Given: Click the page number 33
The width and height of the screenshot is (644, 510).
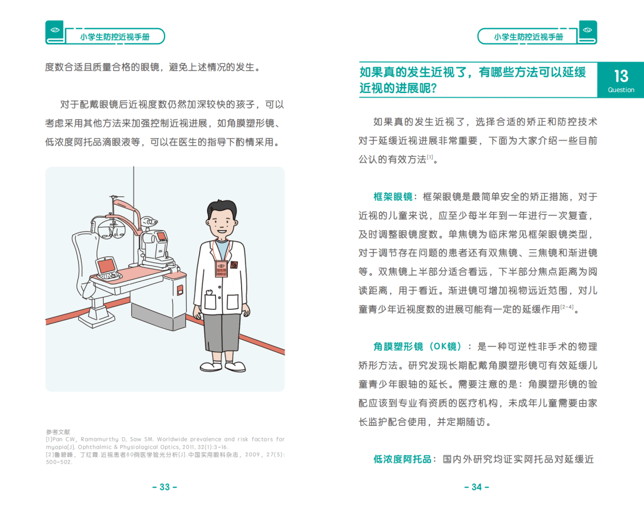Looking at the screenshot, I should point(165,487).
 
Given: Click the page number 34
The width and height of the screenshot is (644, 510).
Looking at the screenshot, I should point(476,487).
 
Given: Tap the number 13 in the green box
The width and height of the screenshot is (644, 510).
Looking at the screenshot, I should point(621,76).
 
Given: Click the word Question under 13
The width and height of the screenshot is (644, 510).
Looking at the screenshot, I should point(621,90).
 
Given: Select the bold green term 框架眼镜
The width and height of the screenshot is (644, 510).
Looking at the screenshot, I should point(393,197).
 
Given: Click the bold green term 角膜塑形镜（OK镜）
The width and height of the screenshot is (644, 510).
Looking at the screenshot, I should point(418,347).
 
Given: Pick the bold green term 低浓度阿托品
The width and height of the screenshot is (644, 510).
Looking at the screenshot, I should point(402,459).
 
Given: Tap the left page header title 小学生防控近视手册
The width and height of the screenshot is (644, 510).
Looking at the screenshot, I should point(114,37).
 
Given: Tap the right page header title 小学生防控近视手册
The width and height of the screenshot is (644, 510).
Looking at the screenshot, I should point(528,37).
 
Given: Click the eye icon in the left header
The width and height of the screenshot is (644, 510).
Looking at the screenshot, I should point(55,30).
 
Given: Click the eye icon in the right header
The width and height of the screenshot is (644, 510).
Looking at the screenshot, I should point(587,30).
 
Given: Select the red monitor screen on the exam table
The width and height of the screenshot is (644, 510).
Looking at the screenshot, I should point(106,264).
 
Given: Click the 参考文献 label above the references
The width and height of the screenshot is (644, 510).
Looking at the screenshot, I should point(58,432).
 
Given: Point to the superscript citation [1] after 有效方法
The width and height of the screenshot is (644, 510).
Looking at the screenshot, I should point(430,157).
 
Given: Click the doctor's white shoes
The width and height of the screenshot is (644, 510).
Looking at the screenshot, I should point(221,366).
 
